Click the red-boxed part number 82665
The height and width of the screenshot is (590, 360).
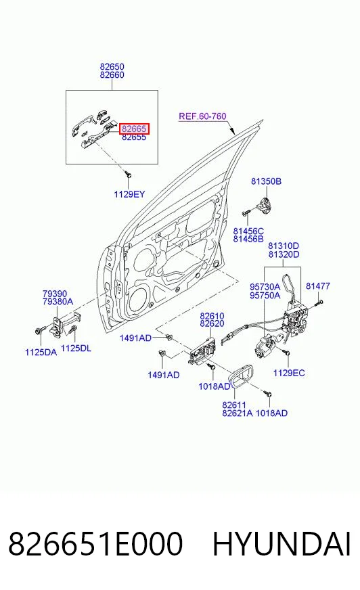click(x=134, y=129)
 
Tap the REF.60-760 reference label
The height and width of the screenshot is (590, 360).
click(x=202, y=116)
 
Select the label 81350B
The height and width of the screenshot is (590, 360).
click(x=266, y=181)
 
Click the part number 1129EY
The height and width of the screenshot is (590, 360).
click(x=129, y=194)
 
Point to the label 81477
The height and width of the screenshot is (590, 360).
click(x=318, y=286)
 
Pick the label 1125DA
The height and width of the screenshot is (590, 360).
click(x=41, y=353)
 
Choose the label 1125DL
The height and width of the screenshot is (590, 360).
click(x=76, y=348)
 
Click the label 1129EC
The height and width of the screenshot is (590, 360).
click(x=289, y=373)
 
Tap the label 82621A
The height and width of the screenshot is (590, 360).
click(x=238, y=413)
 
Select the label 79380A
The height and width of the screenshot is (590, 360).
click(x=58, y=301)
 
